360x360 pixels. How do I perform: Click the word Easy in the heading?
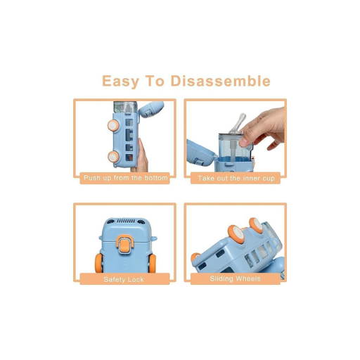120,81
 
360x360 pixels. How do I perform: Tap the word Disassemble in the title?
221,81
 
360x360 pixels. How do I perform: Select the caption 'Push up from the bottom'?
126,178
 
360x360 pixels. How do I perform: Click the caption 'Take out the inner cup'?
236,179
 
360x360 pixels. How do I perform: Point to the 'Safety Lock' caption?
124,279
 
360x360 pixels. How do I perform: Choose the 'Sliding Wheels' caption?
235,278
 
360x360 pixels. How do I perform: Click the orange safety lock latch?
125,244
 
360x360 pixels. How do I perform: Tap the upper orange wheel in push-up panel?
113,125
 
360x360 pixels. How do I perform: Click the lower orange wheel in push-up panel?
113,157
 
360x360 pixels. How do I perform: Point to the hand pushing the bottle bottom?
141,157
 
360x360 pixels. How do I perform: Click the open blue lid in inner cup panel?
201,153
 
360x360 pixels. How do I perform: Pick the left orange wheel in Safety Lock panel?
99,263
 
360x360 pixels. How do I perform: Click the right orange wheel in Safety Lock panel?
153,264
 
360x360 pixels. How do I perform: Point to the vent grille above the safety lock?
125,221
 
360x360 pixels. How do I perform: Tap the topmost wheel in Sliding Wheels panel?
256,226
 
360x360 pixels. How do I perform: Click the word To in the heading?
155,81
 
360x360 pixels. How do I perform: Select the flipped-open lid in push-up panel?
151,109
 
